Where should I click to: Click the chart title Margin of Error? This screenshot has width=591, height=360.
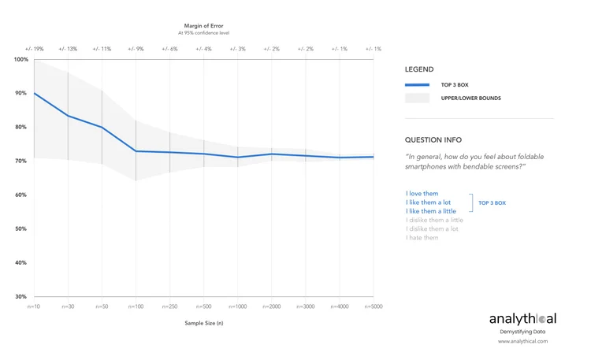(x=204, y=26)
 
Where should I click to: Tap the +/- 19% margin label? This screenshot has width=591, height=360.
(x=34, y=49)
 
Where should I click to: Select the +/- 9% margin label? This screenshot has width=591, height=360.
(x=136, y=49)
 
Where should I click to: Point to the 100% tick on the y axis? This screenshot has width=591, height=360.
(x=20, y=60)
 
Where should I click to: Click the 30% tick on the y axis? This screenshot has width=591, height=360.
(x=21, y=297)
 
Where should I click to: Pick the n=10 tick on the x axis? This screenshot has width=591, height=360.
(x=34, y=306)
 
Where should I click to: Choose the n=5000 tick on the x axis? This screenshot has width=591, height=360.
(x=373, y=306)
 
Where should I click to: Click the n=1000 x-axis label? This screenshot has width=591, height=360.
(x=237, y=306)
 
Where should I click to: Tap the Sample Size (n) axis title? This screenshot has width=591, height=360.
(x=204, y=324)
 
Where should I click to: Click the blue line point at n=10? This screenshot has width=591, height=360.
(x=35, y=93)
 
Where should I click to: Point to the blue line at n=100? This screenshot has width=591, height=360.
(x=136, y=151)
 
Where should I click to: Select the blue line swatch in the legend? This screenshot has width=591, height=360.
(x=417, y=84)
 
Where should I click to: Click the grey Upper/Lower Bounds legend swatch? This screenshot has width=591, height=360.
(x=417, y=98)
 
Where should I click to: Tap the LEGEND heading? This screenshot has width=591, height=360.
(x=419, y=69)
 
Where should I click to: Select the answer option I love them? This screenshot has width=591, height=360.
(x=422, y=193)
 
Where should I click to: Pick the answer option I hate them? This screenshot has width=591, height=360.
(x=422, y=238)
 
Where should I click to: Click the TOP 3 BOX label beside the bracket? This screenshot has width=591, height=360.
(x=492, y=202)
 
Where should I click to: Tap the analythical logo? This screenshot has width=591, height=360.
(x=522, y=319)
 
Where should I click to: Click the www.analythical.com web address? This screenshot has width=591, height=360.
(x=522, y=342)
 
